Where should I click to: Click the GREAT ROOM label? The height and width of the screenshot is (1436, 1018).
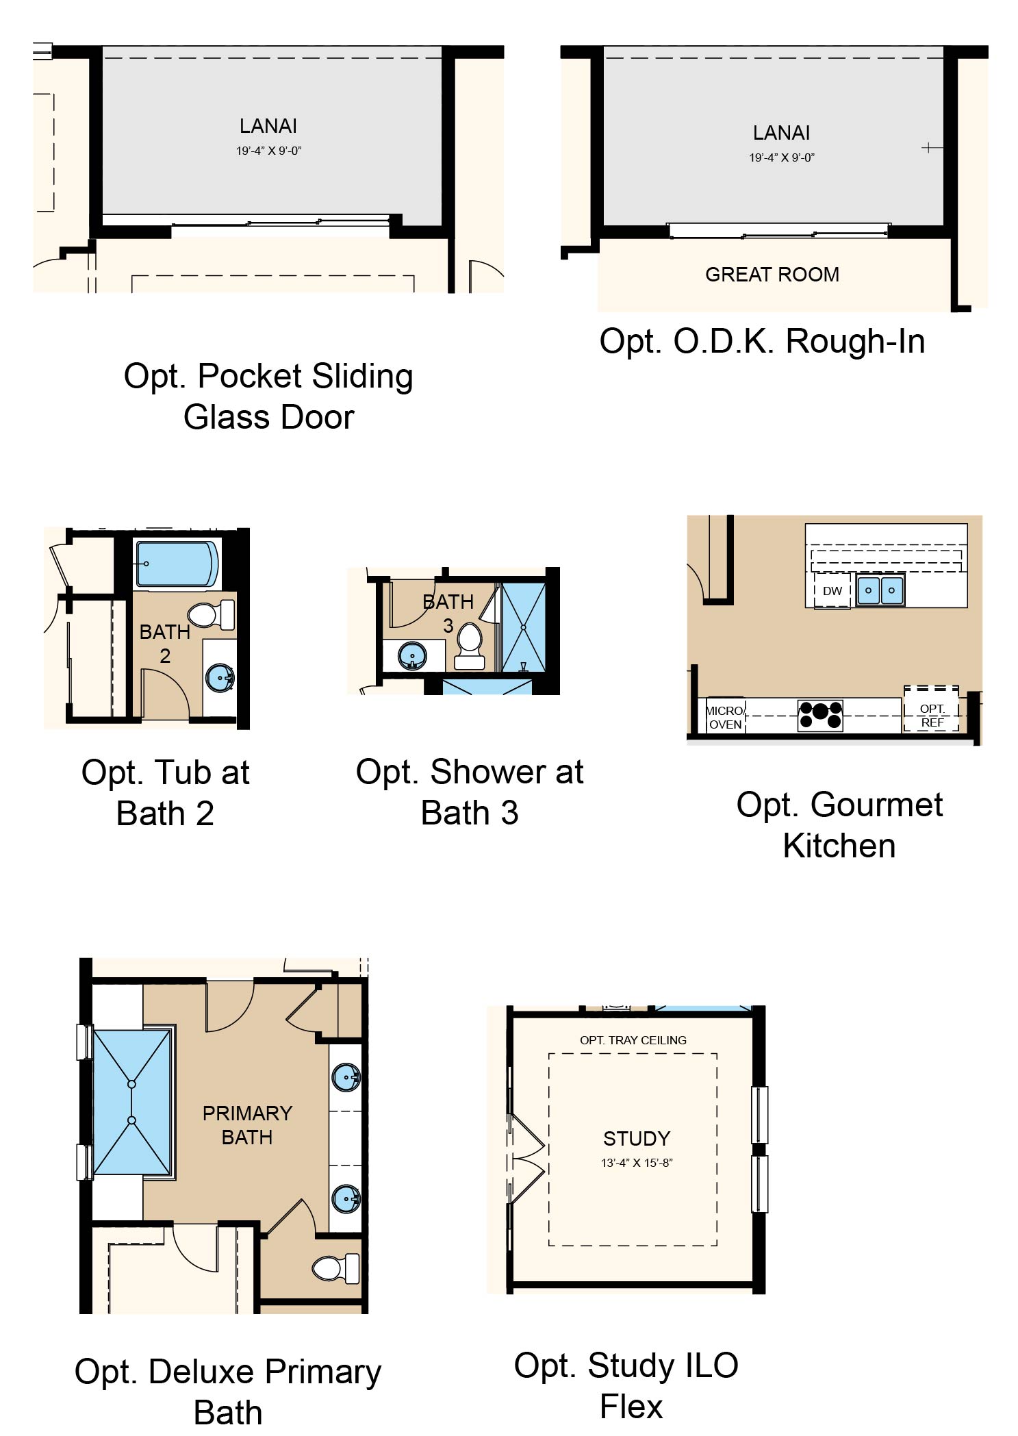(772, 275)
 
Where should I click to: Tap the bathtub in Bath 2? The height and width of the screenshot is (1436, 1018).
(178, 564)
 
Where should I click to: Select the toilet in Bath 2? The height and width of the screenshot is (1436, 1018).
(211, 614)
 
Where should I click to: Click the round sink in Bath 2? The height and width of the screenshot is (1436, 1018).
(220, 678)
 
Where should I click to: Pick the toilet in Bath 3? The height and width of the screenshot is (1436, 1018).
(470, 646)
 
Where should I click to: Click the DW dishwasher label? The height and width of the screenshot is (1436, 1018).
(832, 591)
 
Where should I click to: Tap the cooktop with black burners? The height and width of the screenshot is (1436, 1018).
(820, 715)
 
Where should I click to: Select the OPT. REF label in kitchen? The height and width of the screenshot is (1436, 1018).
(932, 716)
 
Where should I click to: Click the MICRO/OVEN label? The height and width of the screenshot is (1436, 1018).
(725, 718)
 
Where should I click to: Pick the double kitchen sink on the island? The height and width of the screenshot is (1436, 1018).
(880, 590)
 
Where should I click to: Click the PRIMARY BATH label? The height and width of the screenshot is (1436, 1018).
(247, 1125)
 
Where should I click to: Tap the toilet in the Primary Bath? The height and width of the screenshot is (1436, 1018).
(335, 1268)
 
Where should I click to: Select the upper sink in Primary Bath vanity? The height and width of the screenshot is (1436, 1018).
(346, 1077)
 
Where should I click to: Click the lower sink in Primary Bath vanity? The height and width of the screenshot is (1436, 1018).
(346, 1199)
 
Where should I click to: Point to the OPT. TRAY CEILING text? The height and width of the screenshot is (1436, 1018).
(633, 1040)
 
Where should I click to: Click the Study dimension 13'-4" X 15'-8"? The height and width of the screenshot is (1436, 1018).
(637, 1163)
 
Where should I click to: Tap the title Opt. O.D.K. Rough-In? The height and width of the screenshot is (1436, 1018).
(762, 342)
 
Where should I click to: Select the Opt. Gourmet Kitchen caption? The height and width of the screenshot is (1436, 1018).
(839, 825)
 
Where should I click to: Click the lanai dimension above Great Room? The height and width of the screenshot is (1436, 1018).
(782, 158)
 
